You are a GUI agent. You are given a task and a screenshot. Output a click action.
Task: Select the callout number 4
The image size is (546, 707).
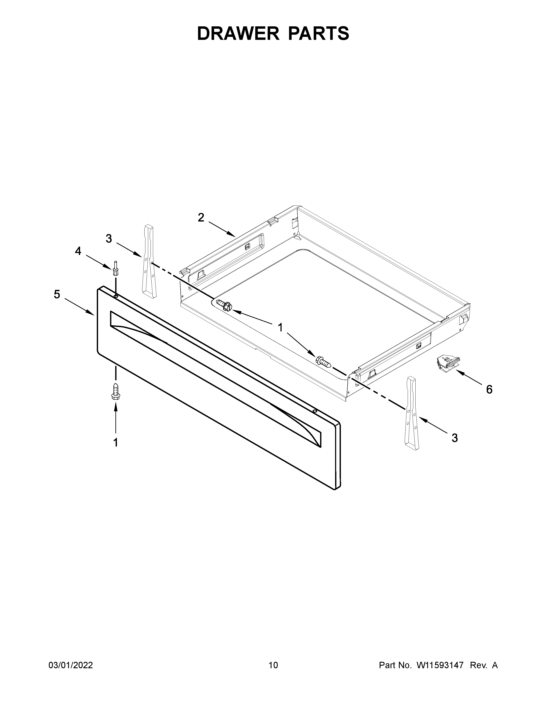click(x=78, y=251)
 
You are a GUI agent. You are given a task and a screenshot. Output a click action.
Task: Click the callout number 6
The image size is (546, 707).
click(x=489, y=389)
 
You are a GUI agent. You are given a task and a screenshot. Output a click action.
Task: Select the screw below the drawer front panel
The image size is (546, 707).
click(x=115, y=391)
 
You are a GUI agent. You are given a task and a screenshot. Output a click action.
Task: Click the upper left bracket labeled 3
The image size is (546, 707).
click(x=149, y=261)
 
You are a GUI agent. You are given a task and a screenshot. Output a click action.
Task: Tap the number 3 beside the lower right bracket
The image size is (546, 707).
click(x=454, y=438)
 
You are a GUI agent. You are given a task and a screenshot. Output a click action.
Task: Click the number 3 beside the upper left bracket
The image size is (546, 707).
click(x=109, y=239)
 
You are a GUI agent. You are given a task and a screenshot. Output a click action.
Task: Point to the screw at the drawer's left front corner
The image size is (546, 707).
click(x=224, y=305)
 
